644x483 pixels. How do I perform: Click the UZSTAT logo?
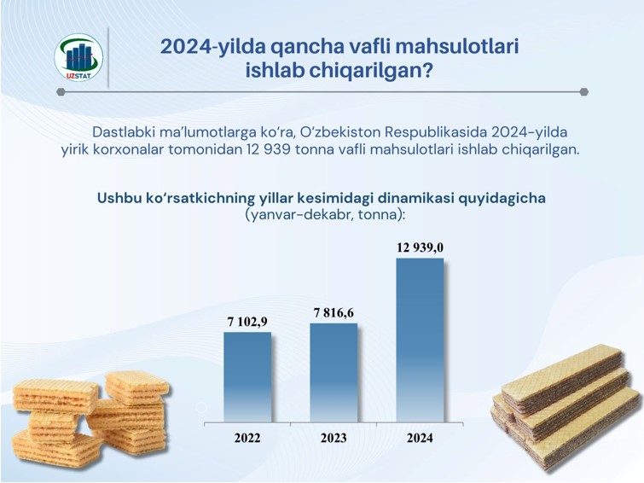pos(78,57)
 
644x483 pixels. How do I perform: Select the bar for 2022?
pos(247,377)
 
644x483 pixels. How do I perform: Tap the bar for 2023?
pos(334,372)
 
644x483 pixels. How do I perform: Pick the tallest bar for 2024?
pos(420,340)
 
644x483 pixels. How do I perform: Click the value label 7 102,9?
pos(247,322)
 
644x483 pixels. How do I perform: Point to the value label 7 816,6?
pos(334,313)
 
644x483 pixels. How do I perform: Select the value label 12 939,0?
pos(420,247)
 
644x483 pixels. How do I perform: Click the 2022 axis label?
pos(247,438)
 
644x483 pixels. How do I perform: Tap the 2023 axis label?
pos(334,438)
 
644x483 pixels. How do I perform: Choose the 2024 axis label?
pos(420,438)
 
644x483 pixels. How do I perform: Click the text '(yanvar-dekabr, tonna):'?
pos(325,215)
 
